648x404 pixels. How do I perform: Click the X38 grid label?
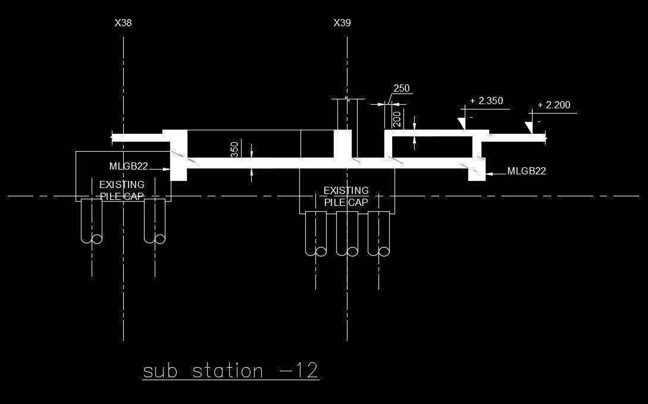(123, 23)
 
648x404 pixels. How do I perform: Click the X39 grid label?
(342, 23)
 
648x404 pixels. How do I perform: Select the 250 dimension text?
(402, 89)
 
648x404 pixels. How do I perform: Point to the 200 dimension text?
(397, 119)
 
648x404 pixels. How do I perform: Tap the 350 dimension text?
(234, 149)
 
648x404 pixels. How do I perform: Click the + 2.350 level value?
(486, 101)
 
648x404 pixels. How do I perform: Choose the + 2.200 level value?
(553, 105)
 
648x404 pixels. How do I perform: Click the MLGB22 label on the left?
(129, 165)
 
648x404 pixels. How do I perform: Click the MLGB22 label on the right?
(527, 171)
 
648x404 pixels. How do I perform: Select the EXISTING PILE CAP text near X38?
(121, 190)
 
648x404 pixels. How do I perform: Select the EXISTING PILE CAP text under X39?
(346, 196)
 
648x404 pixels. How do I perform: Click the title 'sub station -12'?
(231, 371)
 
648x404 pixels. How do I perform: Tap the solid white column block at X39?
(342, 144)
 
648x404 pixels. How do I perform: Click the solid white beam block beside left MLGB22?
(179, 155)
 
